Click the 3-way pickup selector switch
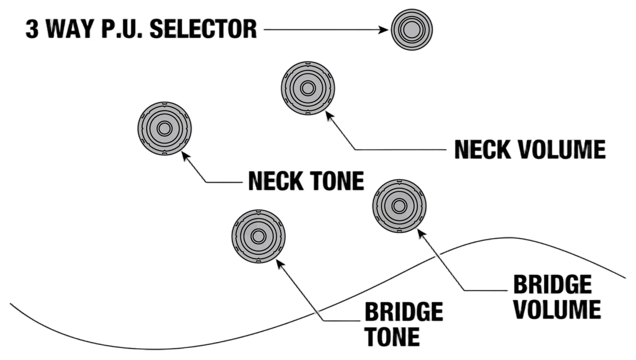412,30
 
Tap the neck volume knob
308,88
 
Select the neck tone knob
164,128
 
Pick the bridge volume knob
399,206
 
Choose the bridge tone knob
258,237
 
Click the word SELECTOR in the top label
203,29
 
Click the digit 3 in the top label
32,29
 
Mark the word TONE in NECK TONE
337,181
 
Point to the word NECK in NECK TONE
276,181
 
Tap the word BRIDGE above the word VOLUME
552,285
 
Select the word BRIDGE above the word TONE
404,311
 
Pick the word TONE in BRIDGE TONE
392,336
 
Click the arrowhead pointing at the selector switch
383,30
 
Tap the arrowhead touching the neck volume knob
329,115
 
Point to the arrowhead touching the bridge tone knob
280,264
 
